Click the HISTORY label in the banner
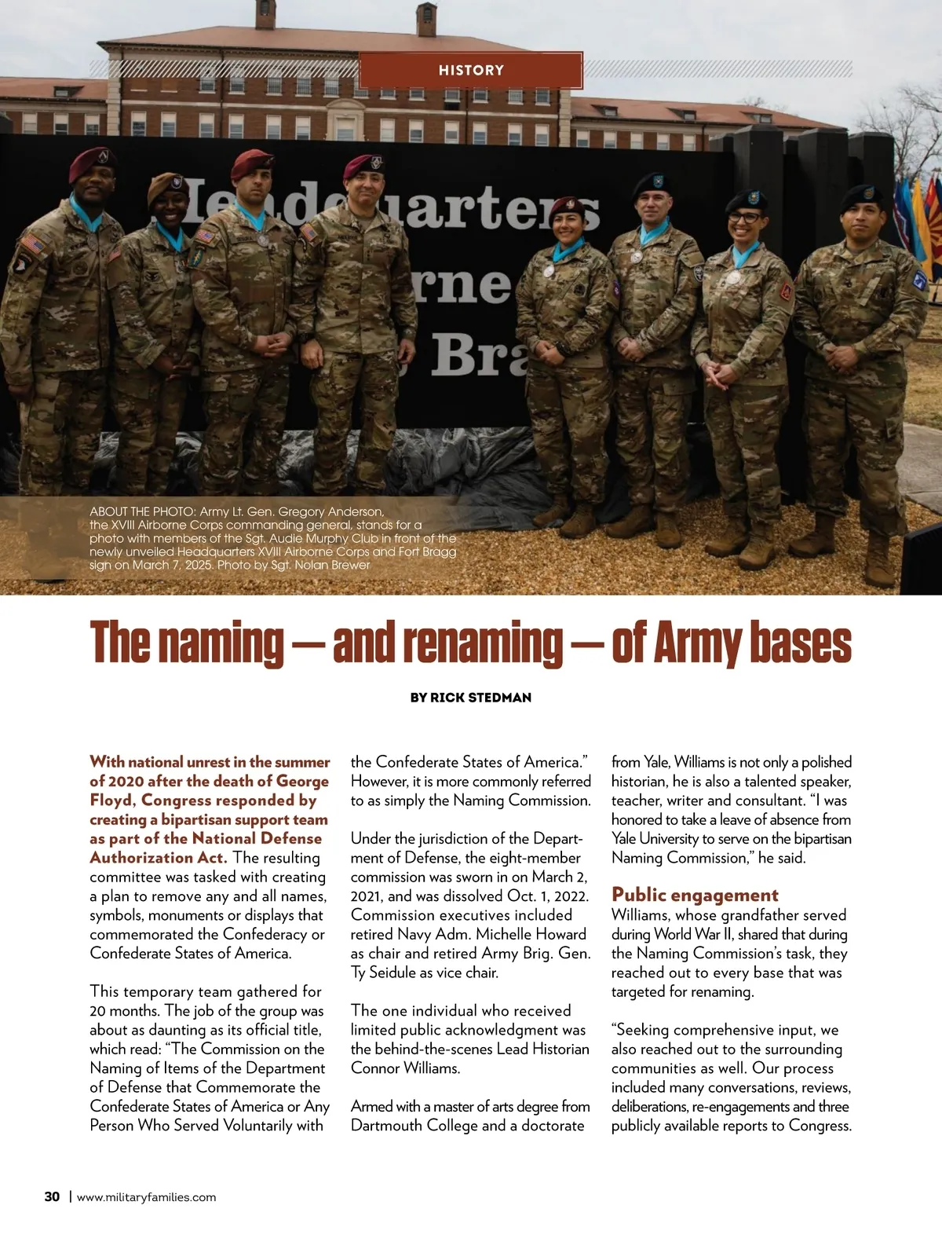[x=471, y=71]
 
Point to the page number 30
[x=52, y=1196]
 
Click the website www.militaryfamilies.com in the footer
[x=147, y=1197]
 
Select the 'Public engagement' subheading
[x=695, y=895]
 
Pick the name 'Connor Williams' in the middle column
[x=405, y=1068]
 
